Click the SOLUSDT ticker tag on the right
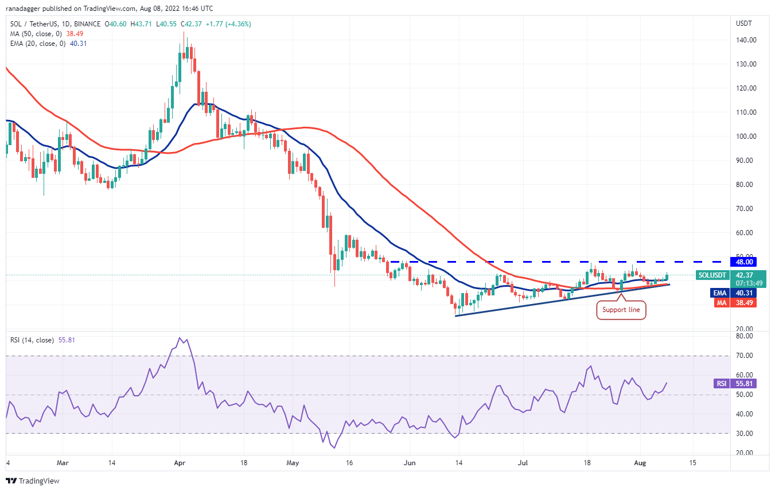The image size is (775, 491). (712, 275)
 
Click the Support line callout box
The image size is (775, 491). (621, 310)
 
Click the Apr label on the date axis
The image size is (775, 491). (180, 462)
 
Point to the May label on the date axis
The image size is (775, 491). (293, 462)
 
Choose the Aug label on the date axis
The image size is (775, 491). (640, 462)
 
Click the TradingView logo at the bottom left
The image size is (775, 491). (33, 481)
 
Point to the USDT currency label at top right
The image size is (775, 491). (743, 24)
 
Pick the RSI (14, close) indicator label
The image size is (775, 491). (32, 340)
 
